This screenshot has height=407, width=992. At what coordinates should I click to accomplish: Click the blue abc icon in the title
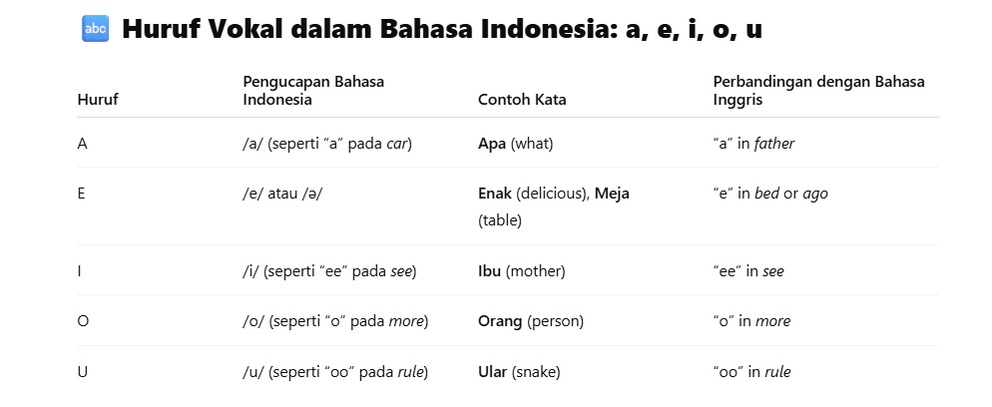pos(96,29)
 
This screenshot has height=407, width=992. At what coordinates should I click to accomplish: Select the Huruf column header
pos(98,99)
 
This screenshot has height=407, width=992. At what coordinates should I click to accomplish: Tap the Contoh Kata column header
pos(522,99)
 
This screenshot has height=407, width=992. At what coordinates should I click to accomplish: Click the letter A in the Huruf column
pos(82,144)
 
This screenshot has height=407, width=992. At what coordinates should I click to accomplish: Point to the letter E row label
pos(81,194)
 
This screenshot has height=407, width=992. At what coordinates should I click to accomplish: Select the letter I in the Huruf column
pos(79,271)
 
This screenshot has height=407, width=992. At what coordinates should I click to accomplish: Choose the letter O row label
pos(83,321)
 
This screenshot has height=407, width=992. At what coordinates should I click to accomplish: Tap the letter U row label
pos(82,372)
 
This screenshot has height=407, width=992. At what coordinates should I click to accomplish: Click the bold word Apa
pos(492,144)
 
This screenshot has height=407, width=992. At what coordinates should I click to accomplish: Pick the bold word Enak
pos(495,194)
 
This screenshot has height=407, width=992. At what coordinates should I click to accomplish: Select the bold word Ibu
pos(490,271)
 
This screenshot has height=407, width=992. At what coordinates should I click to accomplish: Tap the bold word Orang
pos(500,321)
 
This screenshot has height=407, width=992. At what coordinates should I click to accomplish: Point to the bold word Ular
pos(493,372)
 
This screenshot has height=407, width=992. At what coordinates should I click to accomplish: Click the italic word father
pos(774,144)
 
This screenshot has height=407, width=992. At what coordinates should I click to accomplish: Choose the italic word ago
pos(814,195)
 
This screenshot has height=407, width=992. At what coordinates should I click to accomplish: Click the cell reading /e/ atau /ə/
pos(282,194)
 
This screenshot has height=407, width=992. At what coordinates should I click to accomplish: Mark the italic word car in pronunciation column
pos(397,145)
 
